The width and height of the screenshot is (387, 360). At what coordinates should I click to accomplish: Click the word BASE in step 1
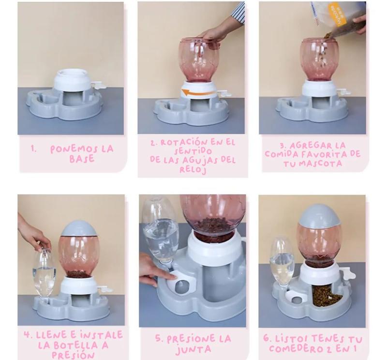(82, 159)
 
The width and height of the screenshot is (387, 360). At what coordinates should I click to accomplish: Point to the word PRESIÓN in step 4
(74, 355)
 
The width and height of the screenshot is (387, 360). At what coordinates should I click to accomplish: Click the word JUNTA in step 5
(193, 349)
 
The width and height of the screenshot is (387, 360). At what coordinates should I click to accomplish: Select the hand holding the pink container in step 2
(213, 32)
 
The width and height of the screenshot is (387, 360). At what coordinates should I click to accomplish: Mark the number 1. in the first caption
(33, 149)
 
